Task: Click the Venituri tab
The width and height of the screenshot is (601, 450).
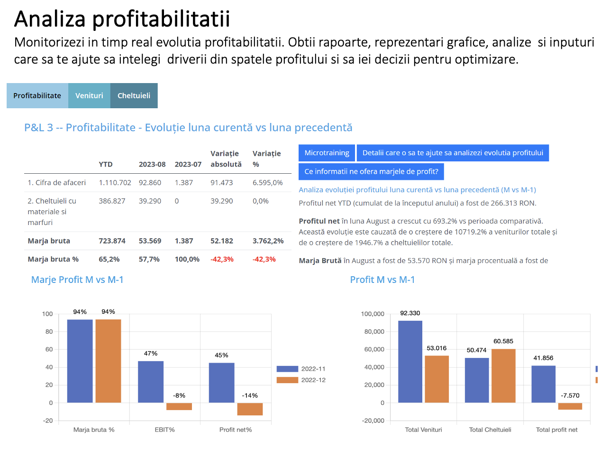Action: [x=89, y=95]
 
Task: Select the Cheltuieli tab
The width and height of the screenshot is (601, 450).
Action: [x=134, y=95]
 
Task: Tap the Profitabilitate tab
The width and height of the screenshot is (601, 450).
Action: [x=37, y=95]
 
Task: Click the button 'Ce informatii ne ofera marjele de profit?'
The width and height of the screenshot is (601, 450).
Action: [x=371, y=171]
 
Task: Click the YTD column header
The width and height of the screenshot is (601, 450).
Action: [x=105, y=164]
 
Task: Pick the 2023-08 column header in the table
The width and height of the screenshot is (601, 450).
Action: [x=152, y=164]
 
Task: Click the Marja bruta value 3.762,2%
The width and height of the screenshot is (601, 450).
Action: [x=268, y=241]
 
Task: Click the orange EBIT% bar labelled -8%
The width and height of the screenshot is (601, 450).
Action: [x=179, y=406]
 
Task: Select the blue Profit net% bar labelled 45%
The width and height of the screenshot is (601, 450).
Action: [x=221, y=383]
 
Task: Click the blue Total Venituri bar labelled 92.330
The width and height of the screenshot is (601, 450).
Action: [x=410, y=362]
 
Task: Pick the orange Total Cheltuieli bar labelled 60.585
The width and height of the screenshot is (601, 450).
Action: [x=503, y=375]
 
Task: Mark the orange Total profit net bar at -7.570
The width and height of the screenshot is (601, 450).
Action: [x=570, y=406]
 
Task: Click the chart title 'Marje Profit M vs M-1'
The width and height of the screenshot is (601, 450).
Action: [x=77, y=280]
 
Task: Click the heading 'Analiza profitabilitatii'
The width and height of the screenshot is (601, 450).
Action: [x=122, y=19]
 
